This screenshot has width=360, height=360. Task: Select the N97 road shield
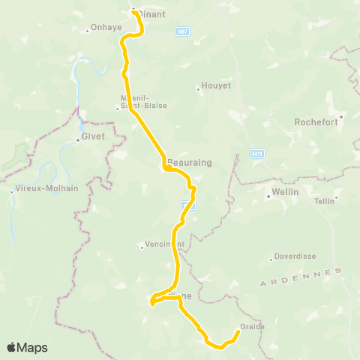click(184, 31)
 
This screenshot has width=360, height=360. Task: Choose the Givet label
click(94, 137)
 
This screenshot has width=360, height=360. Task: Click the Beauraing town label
click(184, 162)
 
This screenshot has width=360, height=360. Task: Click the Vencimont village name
click(163, 244)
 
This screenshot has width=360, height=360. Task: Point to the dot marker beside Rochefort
click(340, 116)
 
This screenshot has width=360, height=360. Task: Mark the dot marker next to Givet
click(77, 139)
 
